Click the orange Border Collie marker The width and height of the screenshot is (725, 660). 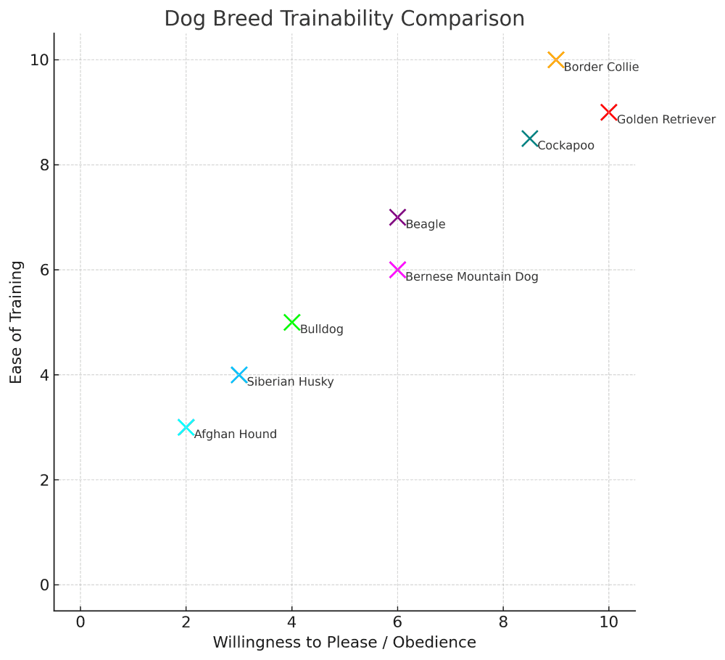click(556, 59)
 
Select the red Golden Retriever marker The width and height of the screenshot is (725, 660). click(609, 112)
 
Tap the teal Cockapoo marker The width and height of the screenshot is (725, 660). click(530, 139)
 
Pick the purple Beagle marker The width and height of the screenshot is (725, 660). click(397, 217)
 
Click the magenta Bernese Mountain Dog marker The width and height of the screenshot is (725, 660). click(397, 270)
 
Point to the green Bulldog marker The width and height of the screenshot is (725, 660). click(291, 322)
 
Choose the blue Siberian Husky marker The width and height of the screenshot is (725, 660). click(239, 375)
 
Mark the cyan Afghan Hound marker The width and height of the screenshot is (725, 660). click(186, 427)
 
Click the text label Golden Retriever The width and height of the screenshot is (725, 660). click(666, 120)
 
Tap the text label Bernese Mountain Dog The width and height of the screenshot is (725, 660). click(471, 277)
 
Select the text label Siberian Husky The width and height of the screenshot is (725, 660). click(290, 382)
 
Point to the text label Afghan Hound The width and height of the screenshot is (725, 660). click(235, 434)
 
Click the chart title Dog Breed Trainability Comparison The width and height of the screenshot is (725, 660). click(344, 18)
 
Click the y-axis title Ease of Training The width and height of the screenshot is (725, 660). click(17, 322)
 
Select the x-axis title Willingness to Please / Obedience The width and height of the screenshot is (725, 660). click(344, 643)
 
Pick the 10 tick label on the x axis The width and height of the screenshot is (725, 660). click(609, 622)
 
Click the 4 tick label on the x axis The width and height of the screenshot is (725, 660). click(291, 622)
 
